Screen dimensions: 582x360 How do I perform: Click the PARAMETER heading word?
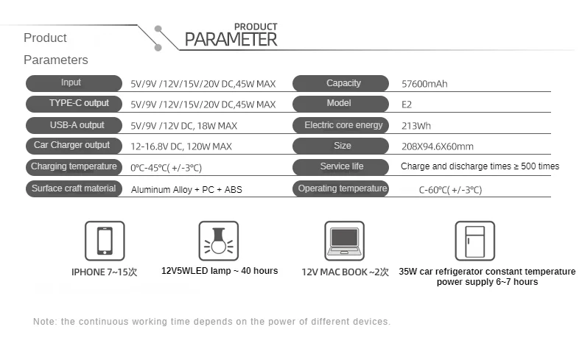click(231, 39)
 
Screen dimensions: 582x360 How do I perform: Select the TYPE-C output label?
click(74, 104)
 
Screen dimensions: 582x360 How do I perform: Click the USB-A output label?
click(74, 125)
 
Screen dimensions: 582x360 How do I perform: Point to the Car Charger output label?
click(74, 146)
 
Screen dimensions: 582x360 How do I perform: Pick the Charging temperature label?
click(74, 166)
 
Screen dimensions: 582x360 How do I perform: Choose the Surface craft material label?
click(74, 188)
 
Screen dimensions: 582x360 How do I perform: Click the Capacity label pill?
click(343, 83)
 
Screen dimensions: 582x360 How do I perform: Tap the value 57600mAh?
click(424, 84)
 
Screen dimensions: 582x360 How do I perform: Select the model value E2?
click(407, 105)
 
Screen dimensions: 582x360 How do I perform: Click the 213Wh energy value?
click(414, 126)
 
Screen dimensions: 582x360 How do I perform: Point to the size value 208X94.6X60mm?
click(438, 147)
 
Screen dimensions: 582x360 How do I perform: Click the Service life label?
click(343, 166)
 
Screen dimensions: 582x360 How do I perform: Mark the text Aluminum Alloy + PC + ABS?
click(186, 190)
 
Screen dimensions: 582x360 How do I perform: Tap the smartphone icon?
click(105, 240)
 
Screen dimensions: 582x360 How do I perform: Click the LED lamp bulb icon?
click(219, 240)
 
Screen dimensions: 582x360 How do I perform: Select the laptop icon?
click(344, 240)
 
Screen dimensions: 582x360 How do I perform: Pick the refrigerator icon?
click(474, 240)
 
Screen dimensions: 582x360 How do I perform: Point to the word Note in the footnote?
click(43, 322)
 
